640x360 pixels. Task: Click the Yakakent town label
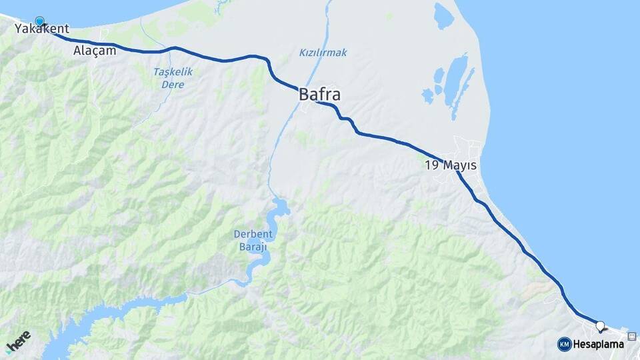(x=42, y=29)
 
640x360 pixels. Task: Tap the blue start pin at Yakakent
(x=39, y=21)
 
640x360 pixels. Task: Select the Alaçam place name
(x=95, y=51)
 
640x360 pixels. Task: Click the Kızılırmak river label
(x=323, y=53)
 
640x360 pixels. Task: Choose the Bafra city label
(x=319, y=95)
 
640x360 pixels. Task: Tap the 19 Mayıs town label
(x=451, y=165)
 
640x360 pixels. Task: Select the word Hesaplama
(x=599, y=344)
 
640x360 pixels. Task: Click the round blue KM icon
(x=564, y=344)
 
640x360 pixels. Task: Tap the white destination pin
(x=600, y=327)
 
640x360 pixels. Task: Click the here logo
(x=18, y=342)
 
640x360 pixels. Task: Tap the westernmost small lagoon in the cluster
(x=427, y=96)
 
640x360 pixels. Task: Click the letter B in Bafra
(x=304, y=95)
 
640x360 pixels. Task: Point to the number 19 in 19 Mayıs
(x=431, y=165)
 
